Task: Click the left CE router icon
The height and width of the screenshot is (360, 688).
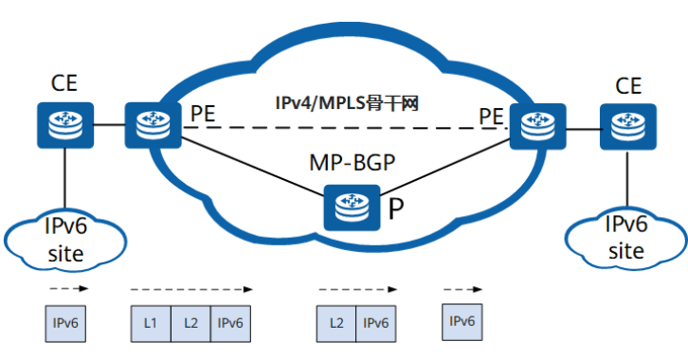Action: point(63,122)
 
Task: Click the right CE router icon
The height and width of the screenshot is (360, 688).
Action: point(625,122)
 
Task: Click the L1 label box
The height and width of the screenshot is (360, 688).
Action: point(150,323)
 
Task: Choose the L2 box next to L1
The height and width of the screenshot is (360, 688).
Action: point(190,323)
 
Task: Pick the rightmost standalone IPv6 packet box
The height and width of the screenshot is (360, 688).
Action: point(462,321)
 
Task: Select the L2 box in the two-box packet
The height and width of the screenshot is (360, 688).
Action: point(335,323)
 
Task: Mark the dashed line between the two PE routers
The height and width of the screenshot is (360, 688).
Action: point(341,128)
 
